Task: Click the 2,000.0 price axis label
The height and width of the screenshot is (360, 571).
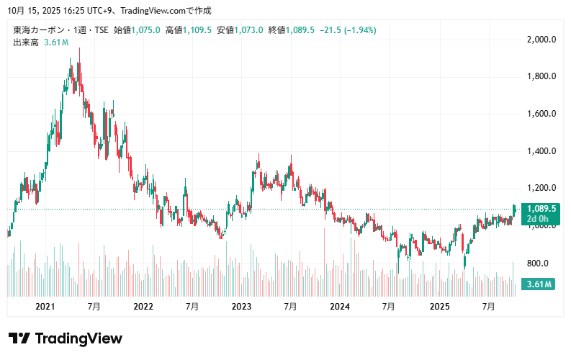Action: [541, 39]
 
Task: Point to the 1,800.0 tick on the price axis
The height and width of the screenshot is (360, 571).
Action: [541, 76]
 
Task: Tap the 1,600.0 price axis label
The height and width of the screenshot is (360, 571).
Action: [541, 114]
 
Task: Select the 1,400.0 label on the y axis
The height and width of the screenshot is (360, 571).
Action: [541, 151]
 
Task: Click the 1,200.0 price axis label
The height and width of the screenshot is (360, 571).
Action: [541, 189]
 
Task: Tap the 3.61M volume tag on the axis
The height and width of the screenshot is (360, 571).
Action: [539, 284]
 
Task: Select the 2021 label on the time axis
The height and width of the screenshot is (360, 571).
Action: [45, 307]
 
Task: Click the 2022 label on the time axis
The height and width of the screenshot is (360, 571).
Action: [143, 307]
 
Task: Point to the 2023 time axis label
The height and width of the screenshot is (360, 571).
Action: [241, 307]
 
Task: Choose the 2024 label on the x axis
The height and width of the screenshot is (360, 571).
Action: [339, 307]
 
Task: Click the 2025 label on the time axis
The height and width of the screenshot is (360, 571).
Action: [439, 307]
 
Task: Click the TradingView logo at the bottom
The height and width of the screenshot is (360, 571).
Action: [66, 338]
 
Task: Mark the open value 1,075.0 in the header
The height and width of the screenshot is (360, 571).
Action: [145, 30]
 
